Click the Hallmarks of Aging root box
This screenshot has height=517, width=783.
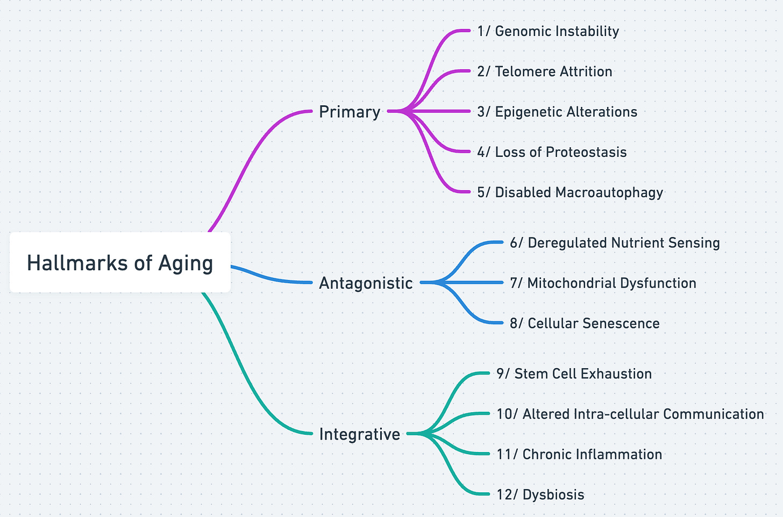(120, 263)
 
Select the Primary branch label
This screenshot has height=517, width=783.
(350, 112)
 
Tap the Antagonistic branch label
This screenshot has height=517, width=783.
(366, 283)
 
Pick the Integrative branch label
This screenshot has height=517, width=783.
(359, 434)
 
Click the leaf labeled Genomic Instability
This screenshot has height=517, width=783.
(548, 31)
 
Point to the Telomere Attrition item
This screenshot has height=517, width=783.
(544, 71)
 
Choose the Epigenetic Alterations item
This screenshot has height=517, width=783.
(557, 112)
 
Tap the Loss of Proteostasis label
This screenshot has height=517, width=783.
(552, 152)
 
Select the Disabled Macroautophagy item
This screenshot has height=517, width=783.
(570, 192)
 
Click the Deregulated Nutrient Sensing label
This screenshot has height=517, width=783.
(615, 243)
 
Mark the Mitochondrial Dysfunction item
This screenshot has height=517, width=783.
(603, 283)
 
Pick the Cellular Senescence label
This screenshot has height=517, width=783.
(585, 324)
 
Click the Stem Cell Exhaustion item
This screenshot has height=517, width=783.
(574, 374)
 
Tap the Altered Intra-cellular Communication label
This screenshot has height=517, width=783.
(630, 414)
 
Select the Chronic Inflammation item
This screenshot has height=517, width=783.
(579, 455)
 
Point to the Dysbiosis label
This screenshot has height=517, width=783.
(540, 495)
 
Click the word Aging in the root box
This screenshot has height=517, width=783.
(186, 263)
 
